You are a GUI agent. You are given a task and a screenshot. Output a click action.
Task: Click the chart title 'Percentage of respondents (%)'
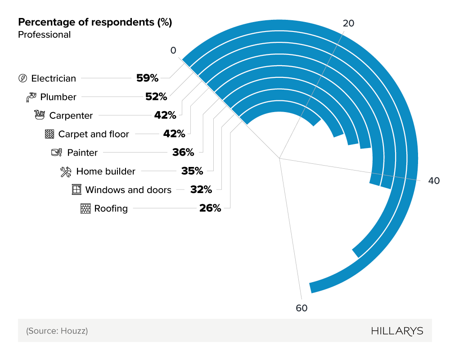pos(95,22)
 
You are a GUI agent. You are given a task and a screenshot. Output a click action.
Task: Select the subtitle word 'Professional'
pos(44,35)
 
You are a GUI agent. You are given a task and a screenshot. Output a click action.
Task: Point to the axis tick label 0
pos(173,50)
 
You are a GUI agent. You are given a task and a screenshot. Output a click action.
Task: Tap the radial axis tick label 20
pos(348,23)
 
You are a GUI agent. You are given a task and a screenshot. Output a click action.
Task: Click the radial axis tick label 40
pos(433,181)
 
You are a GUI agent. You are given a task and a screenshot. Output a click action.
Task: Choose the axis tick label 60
pos(301,308)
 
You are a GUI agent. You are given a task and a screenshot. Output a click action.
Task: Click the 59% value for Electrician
pos(147,78)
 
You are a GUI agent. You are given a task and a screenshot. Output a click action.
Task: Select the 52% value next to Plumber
pos(156,97)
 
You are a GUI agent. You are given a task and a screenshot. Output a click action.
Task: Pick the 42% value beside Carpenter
pos(165,115)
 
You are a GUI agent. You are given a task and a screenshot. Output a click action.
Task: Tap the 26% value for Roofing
pos(210,208)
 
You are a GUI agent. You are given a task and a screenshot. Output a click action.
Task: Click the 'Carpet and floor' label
pos(94,134)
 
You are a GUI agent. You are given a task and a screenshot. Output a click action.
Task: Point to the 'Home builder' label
pos(106,171)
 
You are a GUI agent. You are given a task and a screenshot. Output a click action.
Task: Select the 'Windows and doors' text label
pos(128,190)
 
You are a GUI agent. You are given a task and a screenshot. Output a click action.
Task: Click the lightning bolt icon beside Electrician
pos(22,78)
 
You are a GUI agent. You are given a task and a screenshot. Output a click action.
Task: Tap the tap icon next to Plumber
pos(31,97)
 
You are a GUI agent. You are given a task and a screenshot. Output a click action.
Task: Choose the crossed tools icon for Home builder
pos(66,171)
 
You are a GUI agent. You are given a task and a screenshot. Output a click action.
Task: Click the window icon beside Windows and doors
pos(76,189)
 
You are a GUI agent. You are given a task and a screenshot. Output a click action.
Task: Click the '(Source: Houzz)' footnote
pos(57,331)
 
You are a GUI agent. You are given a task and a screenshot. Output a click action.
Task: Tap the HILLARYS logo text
pos(397,331)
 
